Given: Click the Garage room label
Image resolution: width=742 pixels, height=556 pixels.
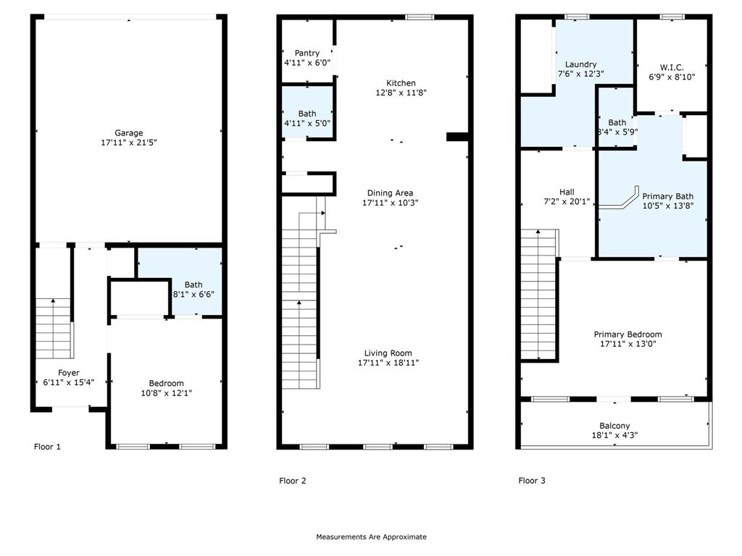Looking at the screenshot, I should (129, 132).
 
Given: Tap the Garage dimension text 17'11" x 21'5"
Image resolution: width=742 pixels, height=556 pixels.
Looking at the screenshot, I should (129, 143).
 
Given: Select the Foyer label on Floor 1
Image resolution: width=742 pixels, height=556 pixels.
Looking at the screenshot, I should (69, 373).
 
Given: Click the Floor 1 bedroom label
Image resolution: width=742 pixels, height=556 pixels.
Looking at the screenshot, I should (166, 383).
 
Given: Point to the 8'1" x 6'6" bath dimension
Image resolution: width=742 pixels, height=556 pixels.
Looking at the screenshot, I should (193, 295).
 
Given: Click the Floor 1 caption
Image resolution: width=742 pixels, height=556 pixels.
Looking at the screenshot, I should (48, 447).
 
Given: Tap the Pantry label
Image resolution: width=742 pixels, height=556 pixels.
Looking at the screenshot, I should (307, 53).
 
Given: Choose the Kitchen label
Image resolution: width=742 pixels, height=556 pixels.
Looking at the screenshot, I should (401, 83).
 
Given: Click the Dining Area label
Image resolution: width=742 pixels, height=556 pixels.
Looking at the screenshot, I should (390, 193).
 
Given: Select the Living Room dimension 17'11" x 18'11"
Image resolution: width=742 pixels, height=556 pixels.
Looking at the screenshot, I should (388, 363).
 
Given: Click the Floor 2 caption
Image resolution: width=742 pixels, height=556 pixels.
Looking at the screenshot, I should (293, 481).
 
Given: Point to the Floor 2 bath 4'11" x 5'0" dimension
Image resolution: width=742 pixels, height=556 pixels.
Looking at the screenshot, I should (307, 123).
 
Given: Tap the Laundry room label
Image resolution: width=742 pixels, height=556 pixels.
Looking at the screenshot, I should (581, 64).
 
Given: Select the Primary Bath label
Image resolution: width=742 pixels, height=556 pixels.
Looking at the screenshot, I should (667, 196).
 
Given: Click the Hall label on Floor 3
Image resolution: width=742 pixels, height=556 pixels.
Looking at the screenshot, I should (567, 192).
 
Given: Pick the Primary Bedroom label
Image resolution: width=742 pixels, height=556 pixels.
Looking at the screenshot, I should (628, 334).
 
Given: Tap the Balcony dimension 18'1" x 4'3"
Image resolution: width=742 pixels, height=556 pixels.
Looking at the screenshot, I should (614, 436).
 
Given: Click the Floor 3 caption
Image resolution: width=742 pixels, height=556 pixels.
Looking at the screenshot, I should (532, 481).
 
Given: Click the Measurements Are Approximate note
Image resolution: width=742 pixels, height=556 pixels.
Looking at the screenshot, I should (371, 537).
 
